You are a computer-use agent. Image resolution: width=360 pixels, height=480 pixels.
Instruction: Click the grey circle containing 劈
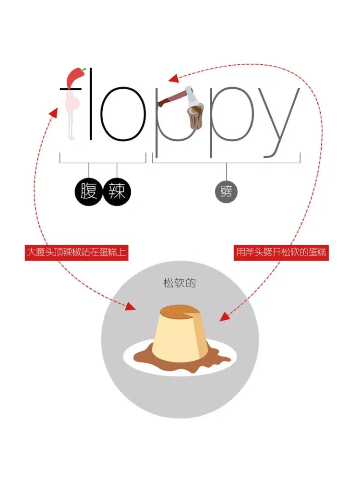point(226,192)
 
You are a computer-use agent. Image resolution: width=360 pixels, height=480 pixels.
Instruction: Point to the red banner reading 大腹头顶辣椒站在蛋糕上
point(77,252)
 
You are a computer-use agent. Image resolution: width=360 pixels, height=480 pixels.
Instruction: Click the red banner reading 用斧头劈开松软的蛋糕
point(282,252)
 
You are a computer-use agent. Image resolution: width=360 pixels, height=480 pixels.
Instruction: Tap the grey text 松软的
point(180,283)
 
